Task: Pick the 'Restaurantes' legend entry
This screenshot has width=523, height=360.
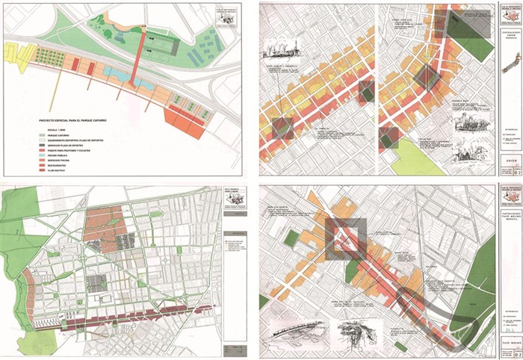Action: pos(59,162)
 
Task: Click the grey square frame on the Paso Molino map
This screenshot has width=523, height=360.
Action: pos(345,238)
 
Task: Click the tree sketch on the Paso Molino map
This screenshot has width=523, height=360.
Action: pos(350,329)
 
